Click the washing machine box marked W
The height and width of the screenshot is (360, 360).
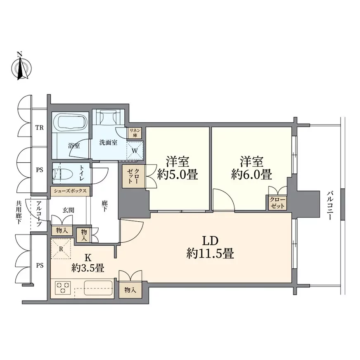(135, 151)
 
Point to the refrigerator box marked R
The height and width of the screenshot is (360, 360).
(61, 249)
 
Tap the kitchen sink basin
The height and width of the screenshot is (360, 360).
(98, 288)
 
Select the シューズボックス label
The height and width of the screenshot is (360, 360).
(70, 191)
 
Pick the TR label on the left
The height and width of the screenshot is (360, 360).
(40, 128)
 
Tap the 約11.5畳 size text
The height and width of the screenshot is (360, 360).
(210, 254)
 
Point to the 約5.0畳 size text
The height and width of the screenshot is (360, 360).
(178, 175)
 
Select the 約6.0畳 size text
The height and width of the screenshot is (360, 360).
(252, 175)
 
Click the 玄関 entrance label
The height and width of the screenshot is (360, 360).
(68, 210)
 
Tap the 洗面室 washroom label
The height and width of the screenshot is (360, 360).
(108, 142)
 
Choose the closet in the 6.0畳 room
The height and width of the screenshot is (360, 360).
(277, 202)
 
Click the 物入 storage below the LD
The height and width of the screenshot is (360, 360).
(130, 290)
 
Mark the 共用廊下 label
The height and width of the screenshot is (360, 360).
(19, 212)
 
